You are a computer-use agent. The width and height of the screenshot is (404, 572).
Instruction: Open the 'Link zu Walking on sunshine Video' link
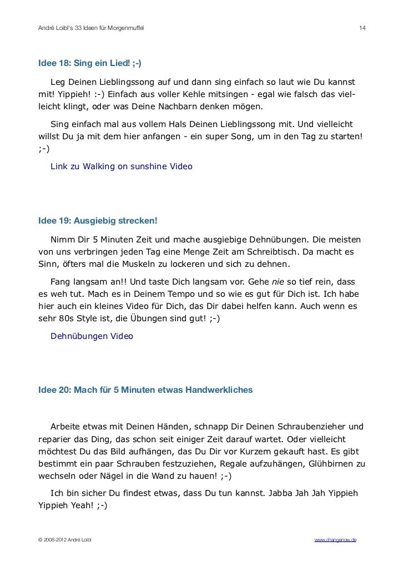coord(121,166)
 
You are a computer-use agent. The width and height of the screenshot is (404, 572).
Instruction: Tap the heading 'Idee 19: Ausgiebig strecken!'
coord(98,221)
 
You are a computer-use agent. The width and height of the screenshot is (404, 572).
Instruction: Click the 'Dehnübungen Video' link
coord(92,336)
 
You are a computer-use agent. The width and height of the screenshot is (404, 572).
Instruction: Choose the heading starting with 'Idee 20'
coord(145,390)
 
